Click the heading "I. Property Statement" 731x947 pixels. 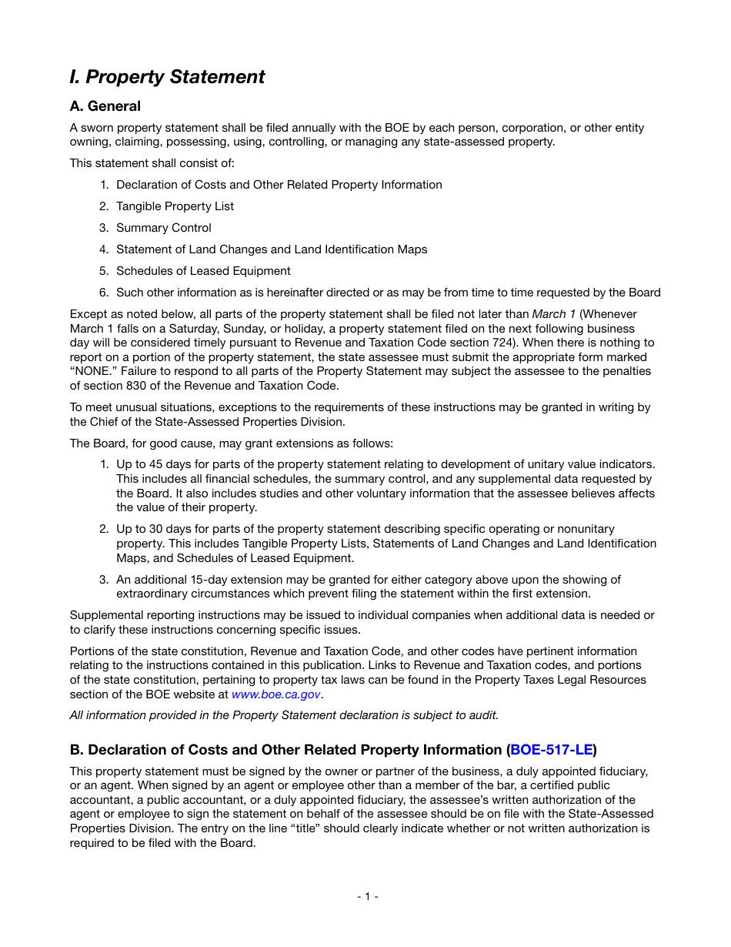[167, 77]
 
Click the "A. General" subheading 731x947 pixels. [105, 106]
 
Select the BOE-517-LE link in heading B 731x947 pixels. [551, 750]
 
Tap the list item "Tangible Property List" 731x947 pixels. [175, 206]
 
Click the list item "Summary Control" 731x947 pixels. [163, 228]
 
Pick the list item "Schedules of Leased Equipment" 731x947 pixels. [203, 271]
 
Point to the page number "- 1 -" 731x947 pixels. [367, 896]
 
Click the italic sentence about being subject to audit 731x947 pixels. [284, 715]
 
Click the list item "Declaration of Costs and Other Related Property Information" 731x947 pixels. [279, 185]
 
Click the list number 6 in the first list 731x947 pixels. [103, 293]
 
